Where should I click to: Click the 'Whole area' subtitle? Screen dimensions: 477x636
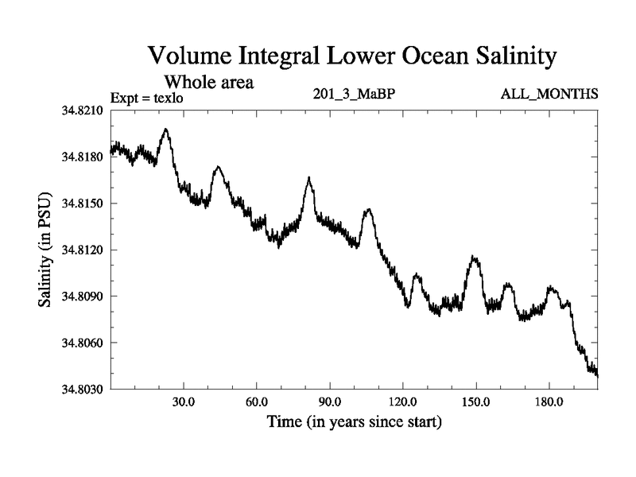[208, 82]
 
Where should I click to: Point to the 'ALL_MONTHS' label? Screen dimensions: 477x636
[549, 95]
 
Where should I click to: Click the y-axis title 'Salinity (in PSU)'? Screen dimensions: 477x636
[46, 250]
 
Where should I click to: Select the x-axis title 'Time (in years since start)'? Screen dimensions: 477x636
[354, 421]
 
